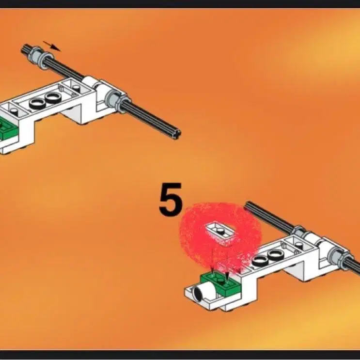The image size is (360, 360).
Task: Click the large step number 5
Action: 171,200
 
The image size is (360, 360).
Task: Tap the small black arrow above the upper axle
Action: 52,46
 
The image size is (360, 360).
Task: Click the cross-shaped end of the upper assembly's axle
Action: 177,133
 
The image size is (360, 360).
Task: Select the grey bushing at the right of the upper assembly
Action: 114,100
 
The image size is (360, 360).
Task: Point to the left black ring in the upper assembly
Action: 37,104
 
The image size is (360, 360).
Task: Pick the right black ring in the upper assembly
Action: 53,98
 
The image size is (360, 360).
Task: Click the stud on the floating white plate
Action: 220,230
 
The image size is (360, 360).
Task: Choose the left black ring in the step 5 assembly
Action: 260,261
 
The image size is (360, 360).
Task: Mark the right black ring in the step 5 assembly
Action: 275,255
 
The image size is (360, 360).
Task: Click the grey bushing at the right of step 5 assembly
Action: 337,257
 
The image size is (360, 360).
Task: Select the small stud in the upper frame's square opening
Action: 77,88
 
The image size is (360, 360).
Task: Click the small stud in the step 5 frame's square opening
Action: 298,245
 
